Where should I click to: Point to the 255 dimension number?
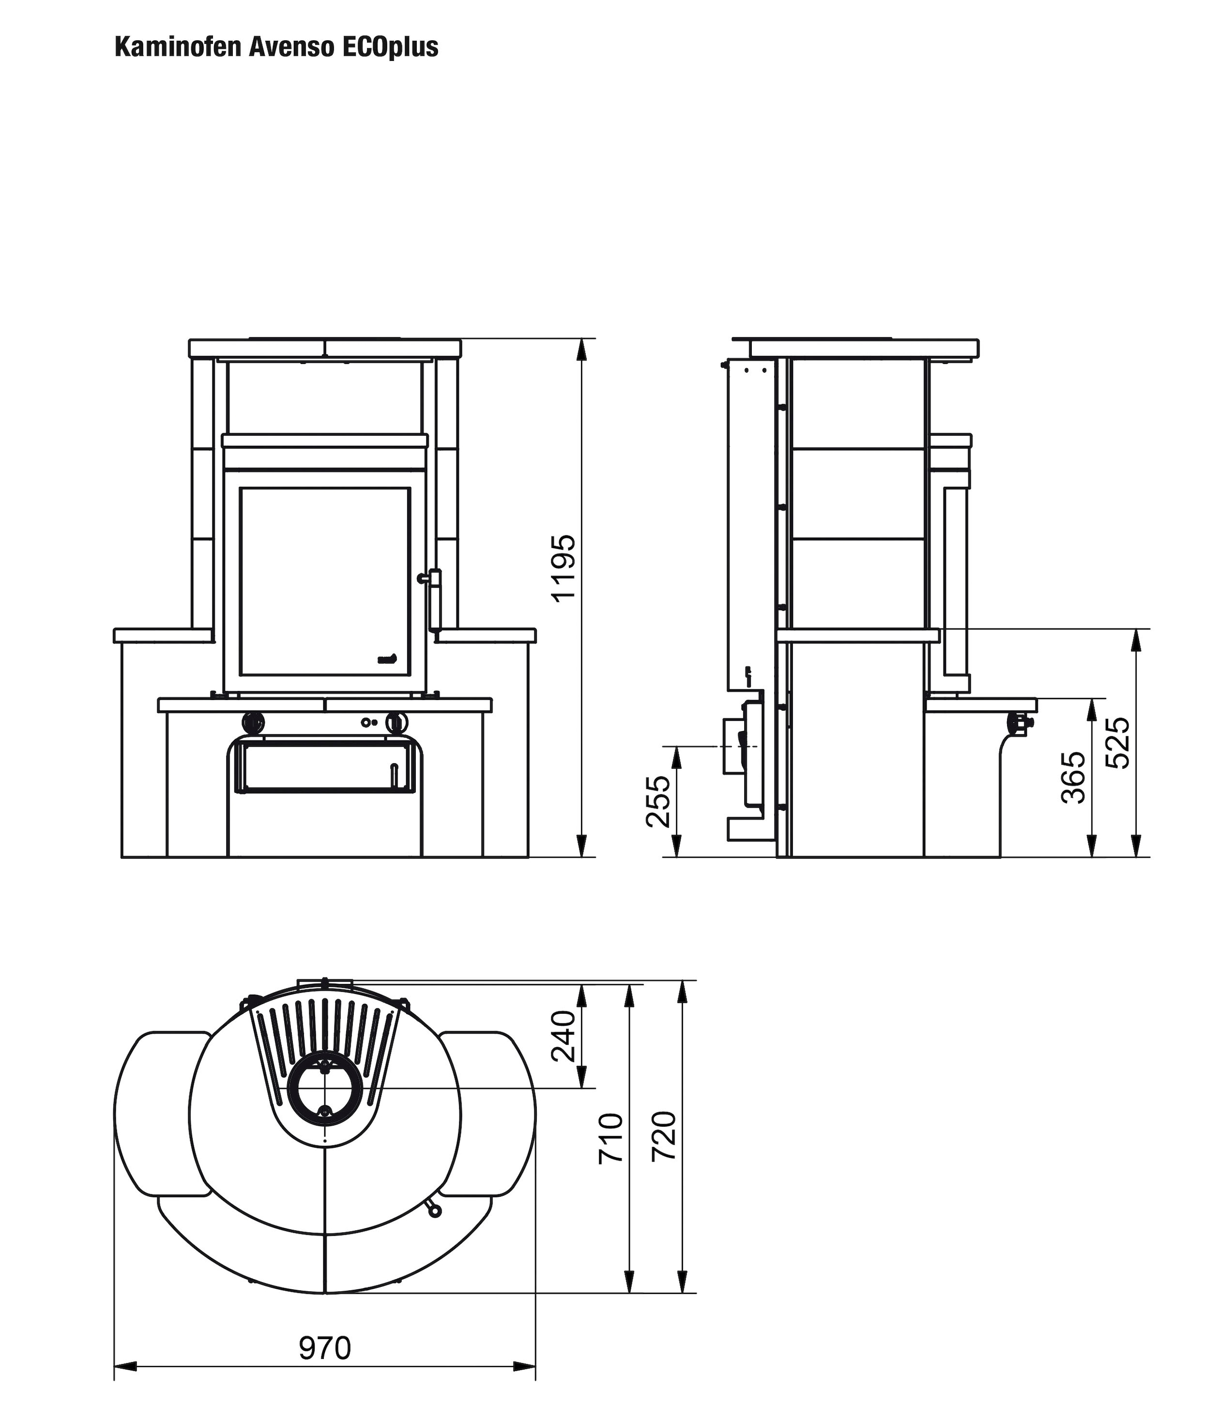(659, 802)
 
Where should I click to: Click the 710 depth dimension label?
(611, 1138)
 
